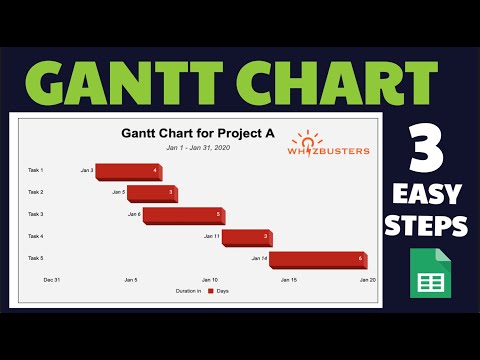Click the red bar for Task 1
tap(128, 171)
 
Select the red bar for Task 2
tap(151, 192)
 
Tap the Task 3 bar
tap(183, 214)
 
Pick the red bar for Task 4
tap(246, 237)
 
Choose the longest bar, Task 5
tap(318, 259)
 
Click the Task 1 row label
tap(36, 171)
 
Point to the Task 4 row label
tap(36, 236)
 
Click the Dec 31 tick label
tap(52, 280)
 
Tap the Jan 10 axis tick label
tap(210, 280)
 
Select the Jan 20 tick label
tap(368, 280)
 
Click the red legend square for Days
tap(210, 291)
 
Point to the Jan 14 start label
tap(259, 259)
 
